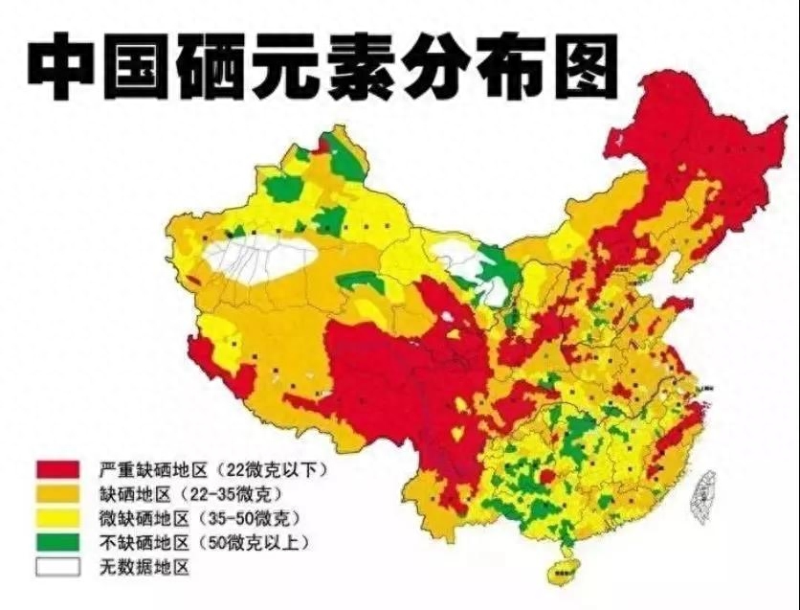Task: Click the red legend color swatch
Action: (57, 469)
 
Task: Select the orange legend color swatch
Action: (57, 494)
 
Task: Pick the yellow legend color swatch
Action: (57, 518)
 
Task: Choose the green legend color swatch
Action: (57, 543)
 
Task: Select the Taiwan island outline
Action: (704, 492)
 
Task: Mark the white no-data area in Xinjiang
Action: (258, 257)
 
